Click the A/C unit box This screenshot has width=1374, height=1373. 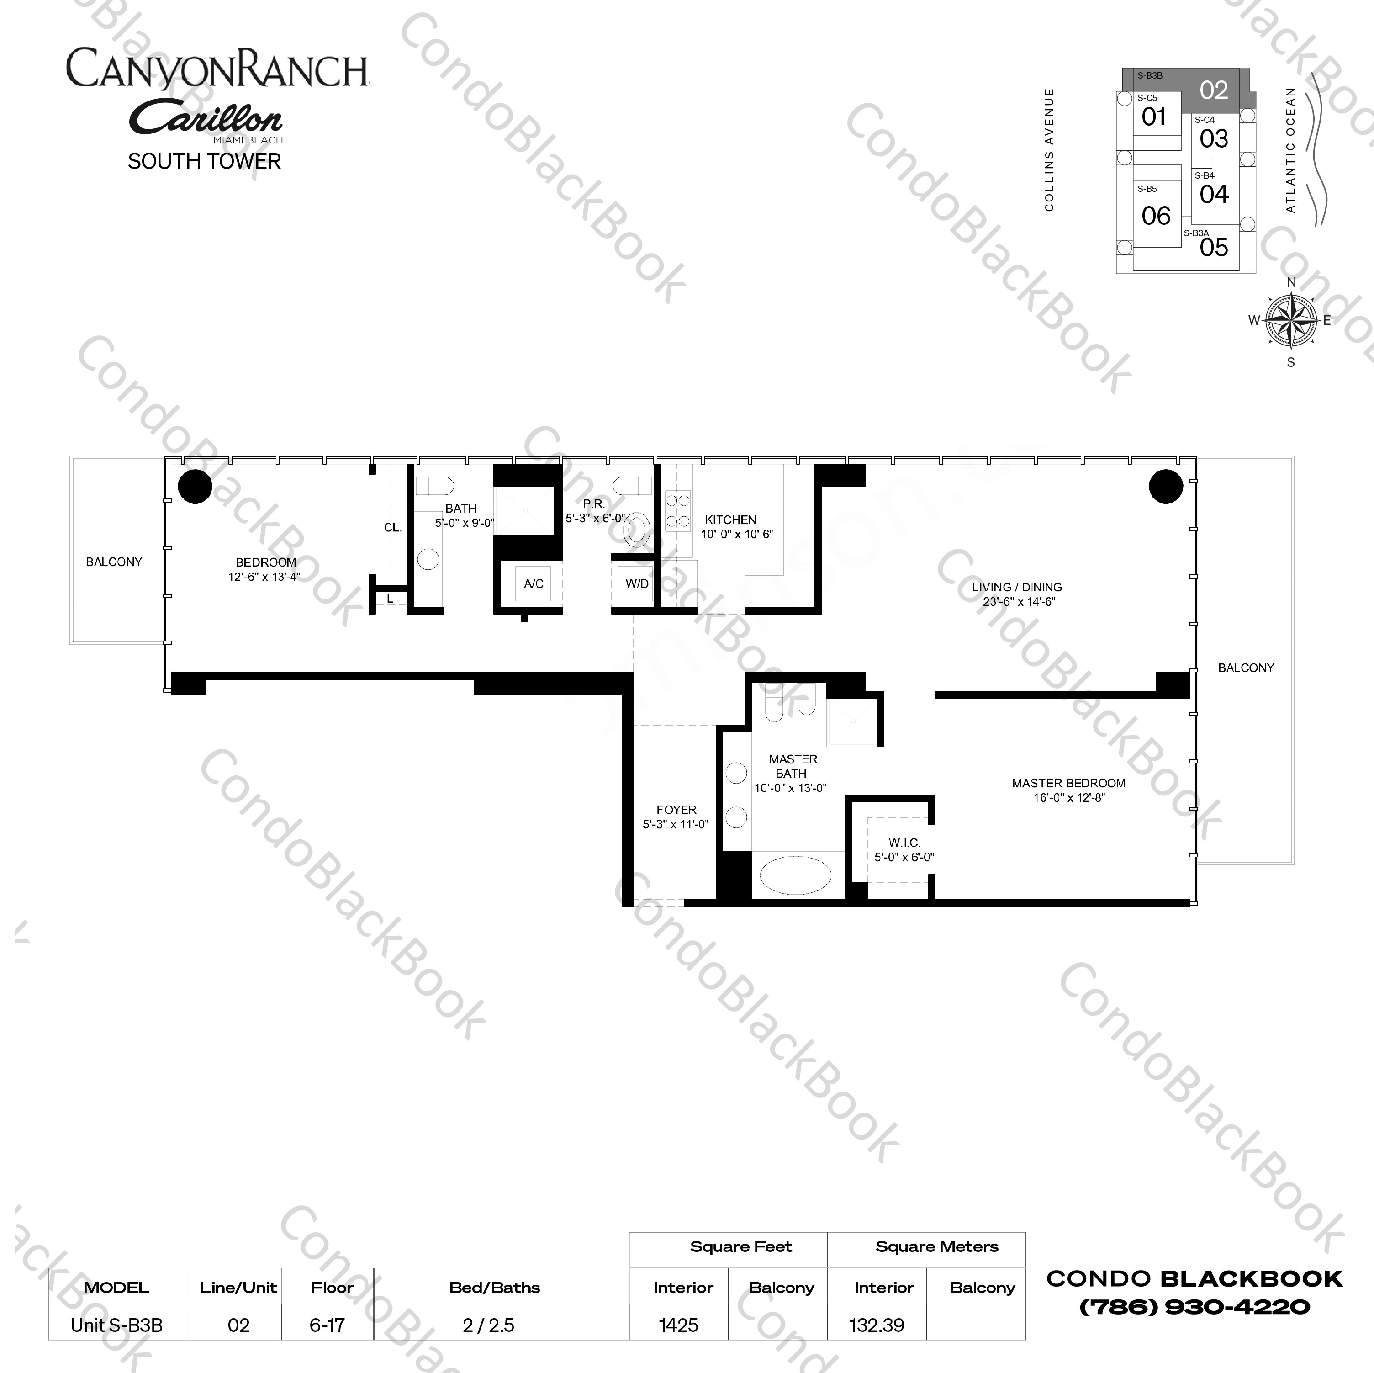click(534, 584)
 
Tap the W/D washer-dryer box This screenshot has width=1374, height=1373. click(636, 584)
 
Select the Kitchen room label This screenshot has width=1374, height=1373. click(730, 520)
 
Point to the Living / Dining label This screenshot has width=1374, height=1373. click(1016, 587)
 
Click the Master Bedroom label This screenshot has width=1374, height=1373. click(1068, 783)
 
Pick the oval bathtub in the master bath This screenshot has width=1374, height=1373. click(794, 875)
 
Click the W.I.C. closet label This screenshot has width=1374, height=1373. click(904, 842)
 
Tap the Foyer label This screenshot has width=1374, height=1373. click(676, 810)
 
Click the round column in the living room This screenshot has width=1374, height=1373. click(1166, 487)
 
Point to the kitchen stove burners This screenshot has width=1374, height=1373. click(677, 510)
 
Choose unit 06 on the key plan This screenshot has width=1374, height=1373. click(1156, 216)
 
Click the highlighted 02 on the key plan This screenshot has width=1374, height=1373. click(1213, 90)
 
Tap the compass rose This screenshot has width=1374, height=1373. click(1291, 322)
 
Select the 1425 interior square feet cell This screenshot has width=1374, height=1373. click(678, 1325)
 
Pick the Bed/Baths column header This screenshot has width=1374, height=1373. click(494, 1287)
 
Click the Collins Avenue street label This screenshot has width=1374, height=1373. click(1049, 149)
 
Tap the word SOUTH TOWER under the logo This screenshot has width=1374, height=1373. click(204, 161)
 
